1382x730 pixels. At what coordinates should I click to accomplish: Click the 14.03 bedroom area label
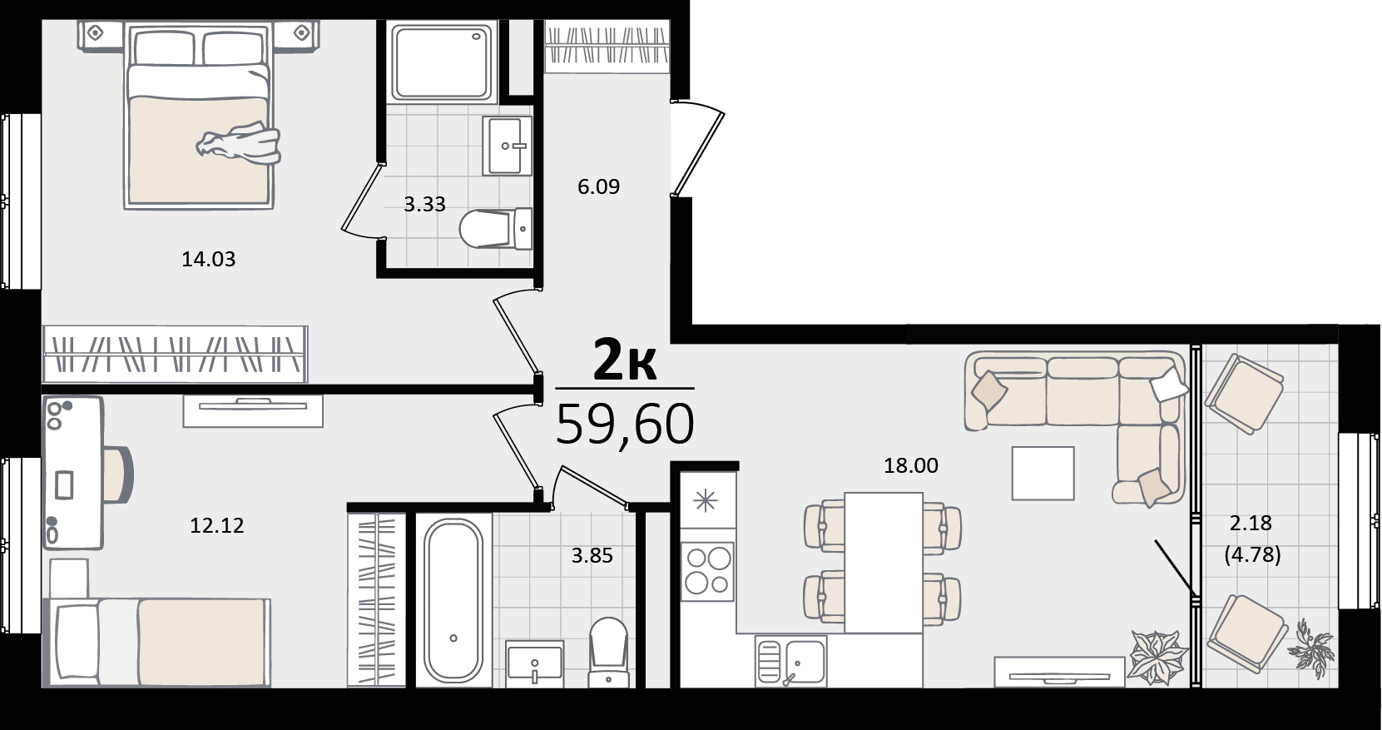(x=209, y=259)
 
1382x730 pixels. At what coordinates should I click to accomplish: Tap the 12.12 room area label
(x=216, y=526)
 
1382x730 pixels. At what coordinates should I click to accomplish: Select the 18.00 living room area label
(x=910, y=465)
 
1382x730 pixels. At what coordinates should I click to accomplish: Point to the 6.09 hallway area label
(x=598, y=186)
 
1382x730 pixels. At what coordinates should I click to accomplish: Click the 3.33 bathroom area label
(x=424, y=204)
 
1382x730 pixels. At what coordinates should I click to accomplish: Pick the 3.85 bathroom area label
(x=592, y=556)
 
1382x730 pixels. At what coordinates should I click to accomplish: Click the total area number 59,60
(x=625, y=424)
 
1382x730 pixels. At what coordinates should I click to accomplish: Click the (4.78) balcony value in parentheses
(x=1252, y=554)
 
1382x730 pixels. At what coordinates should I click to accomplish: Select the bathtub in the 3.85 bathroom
(x=454, y=600)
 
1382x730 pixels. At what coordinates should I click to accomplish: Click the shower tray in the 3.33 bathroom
(x=443, y=62)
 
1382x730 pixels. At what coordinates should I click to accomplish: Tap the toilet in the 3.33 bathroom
(x=496, y=228)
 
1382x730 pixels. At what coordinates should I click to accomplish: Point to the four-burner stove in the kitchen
(x=708, y=572)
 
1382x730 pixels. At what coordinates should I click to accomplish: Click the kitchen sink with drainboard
(x=790, y=662)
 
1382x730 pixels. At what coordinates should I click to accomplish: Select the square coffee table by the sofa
(x=1043, y=474)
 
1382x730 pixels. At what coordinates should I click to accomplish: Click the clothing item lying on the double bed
(x=239, y=144)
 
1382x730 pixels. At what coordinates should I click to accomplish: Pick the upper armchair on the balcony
(x=1244, y=394)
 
